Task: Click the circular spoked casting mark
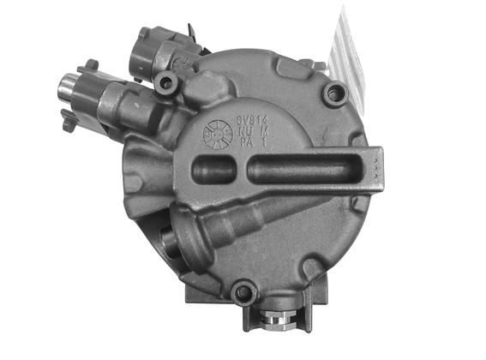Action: click(217, 135)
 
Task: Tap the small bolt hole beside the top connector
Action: click(166, 82)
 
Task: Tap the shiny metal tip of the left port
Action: click(68, 87)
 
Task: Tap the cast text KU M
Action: click(247, 133)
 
